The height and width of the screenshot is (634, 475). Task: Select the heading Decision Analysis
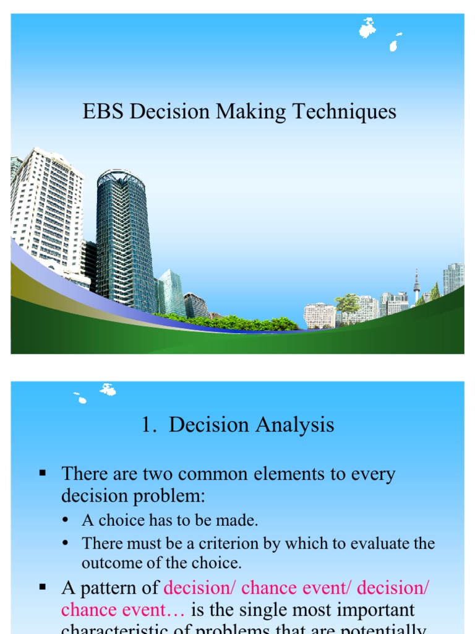point(251,425)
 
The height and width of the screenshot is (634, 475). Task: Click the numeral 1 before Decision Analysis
point(146,425)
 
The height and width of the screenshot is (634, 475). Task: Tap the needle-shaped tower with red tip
point(416,285)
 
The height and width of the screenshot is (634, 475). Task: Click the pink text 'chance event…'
point(123,610)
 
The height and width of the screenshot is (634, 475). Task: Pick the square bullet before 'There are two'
point(43,474)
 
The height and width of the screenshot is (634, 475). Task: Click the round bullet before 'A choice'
point(65,520)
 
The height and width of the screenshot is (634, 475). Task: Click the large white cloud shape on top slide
point(367,27)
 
